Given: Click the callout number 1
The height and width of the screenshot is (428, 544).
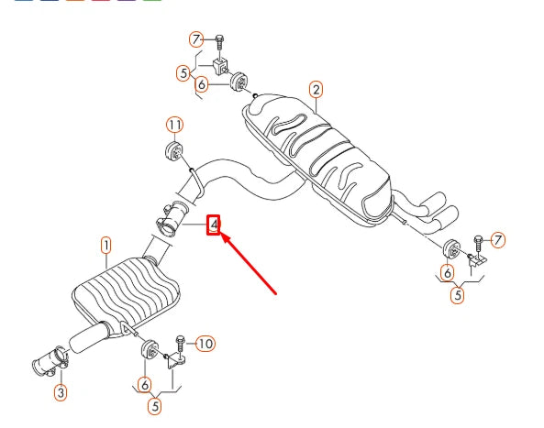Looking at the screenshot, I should [x=105, y=245].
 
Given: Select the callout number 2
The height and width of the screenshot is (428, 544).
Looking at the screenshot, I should [x=316, y=89].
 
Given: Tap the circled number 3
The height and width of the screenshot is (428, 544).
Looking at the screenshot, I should [x=60, y=393].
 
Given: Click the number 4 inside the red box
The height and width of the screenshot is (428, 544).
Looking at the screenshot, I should [x=214, y=224].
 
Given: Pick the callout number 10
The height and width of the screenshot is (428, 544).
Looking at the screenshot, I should [x=205, y=344].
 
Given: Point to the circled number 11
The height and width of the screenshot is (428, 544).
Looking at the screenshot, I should [x=174, y=125].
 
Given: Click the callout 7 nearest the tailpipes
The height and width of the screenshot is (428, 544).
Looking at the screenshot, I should [x=498, y=240].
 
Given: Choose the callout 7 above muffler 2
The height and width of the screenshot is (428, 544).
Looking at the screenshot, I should [x=195, y=38].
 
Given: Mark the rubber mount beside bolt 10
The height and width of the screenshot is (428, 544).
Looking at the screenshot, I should [x=148, y=352].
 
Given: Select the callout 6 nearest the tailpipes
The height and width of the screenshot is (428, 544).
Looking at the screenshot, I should [x=446, y=272].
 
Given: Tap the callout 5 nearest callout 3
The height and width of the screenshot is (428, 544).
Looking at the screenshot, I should [x=155, y=403].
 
